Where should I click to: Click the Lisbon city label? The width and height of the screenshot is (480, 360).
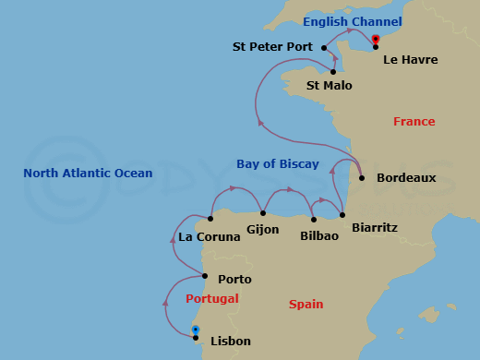[231, 342]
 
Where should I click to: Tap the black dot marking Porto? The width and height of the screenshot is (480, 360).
[205, 275]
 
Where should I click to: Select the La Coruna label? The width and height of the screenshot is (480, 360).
[210, 236]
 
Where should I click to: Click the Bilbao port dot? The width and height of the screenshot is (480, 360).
[315, 220]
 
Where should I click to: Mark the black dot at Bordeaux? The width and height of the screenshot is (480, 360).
[361, 178]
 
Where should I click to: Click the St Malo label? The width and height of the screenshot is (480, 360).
[329, 85]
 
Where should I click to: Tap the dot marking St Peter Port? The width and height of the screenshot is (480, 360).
[323, 46]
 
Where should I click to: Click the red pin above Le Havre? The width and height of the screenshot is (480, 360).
[376, 39]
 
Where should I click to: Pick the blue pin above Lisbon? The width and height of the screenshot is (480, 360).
[196, 330]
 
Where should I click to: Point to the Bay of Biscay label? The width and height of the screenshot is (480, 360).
[277, 164]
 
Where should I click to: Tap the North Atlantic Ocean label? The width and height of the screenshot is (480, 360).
[89, 173]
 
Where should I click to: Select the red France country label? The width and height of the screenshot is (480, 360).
[414, 121]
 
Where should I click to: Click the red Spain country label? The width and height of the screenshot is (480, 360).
[306, 304]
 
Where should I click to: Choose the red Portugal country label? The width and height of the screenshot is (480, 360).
[211, 298]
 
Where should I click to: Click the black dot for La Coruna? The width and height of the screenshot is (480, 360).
[211, 219]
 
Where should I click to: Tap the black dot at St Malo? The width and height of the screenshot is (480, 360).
[332, 71]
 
